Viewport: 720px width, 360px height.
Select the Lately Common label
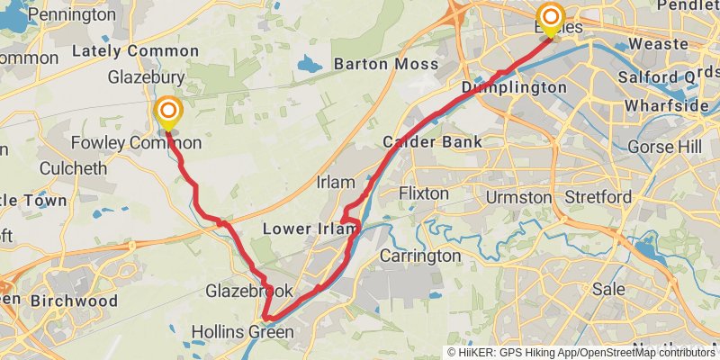pos(135,50)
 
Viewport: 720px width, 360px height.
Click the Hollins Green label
pos(242,333)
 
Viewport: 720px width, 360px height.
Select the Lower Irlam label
pos(304,229)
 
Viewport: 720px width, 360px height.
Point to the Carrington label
pos(419,256)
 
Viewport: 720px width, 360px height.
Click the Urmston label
pos(517,196)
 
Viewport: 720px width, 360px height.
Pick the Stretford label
pos(596,196)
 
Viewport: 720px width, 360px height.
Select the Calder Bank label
pos(432,142)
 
